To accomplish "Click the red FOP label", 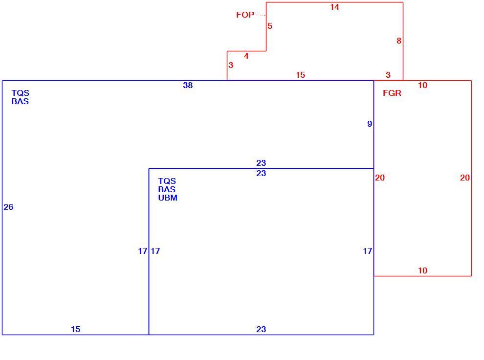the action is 245,15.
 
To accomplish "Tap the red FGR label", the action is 392,93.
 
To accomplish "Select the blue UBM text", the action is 168,198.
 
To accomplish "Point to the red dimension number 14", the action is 334,7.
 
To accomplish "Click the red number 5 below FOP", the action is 270,26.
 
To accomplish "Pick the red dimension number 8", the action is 399,41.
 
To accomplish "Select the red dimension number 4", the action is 246,56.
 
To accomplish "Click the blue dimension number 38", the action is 188,85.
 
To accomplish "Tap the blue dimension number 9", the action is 370,124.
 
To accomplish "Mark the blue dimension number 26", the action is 8,207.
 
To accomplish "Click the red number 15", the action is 300,75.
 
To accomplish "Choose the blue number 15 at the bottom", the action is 76,329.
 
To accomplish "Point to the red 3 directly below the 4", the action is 231,65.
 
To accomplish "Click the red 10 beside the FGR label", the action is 422,85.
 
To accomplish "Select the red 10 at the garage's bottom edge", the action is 422,270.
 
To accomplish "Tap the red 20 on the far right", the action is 465,178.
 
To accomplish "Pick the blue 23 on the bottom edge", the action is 261,329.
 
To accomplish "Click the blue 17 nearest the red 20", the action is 367,251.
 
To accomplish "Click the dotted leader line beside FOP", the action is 260,15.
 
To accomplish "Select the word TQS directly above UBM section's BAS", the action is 167,181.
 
